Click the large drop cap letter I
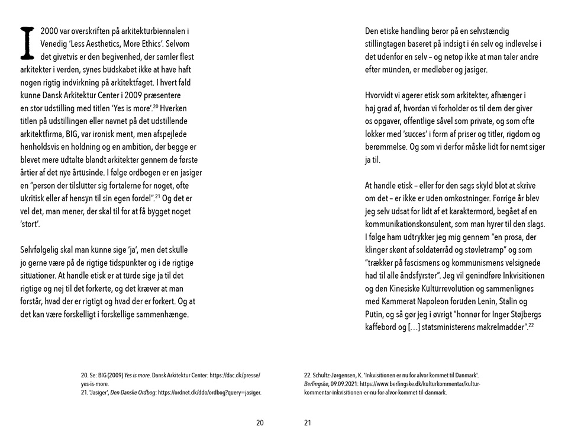tap(25, 43)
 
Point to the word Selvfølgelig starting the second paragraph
tap(42, 249)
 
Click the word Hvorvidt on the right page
tap(381, 95)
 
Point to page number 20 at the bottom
tap(260, 422)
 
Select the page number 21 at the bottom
tap(308, 422)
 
